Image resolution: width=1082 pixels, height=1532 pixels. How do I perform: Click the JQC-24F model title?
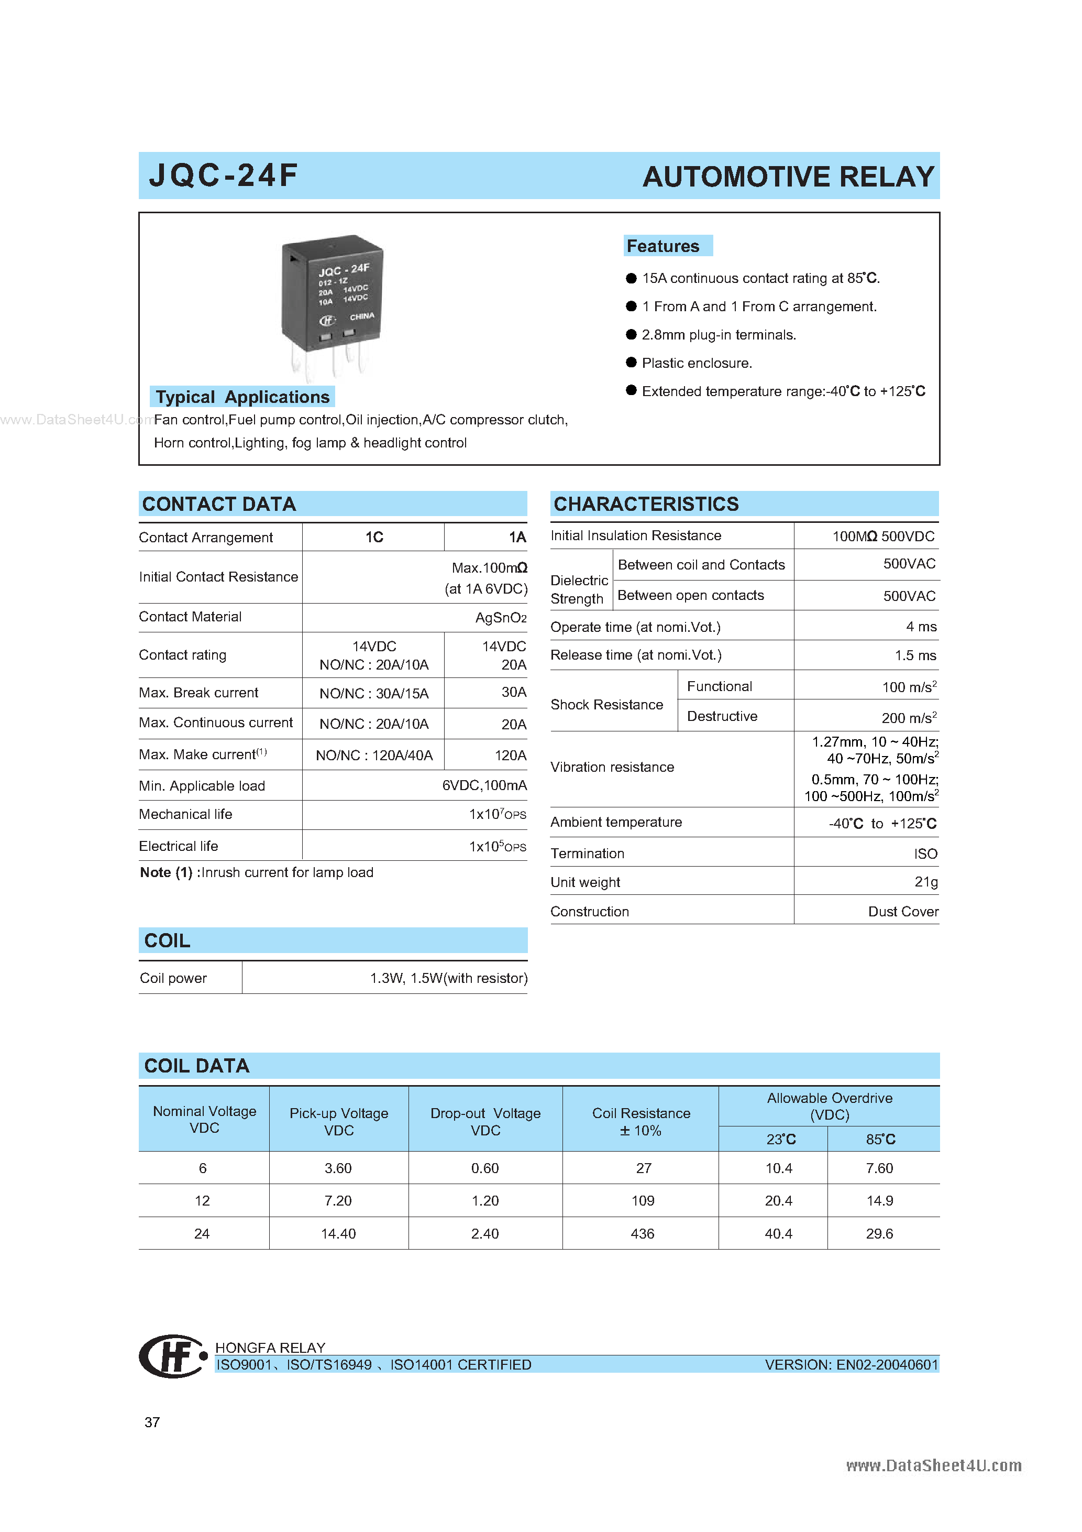pyautogui.click(x=223, y=176)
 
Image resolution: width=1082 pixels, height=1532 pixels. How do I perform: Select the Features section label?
pyautogui.click(x=663, y=246)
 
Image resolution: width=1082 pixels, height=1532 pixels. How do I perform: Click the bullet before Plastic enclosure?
pyautogui.click(x=631, y=363)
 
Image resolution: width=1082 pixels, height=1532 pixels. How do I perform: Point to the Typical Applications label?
pyautogui.click(x=242, y=397)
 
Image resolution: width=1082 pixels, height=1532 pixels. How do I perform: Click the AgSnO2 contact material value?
pyautogui.click(x=500, y=618)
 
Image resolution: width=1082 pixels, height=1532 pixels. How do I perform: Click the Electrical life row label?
pyautogui.click(x=178, y=846)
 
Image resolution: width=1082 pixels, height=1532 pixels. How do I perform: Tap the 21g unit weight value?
pyautogui.click(x=925, y=882)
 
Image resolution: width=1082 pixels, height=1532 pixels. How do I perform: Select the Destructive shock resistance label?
pyautogui.click(x=722, y=716)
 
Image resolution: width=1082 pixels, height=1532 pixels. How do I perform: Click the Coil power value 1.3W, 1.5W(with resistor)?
pyautogui.click(x=448, y=978)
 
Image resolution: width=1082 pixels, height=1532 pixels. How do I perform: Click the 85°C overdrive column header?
pyautogui.click(x=880, y=1139)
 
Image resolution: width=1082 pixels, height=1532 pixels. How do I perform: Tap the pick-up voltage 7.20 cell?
pyautogui.click(x=338, y=1200)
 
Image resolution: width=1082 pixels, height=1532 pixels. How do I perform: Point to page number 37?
pyautogui.click(x=152, y=1422)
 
